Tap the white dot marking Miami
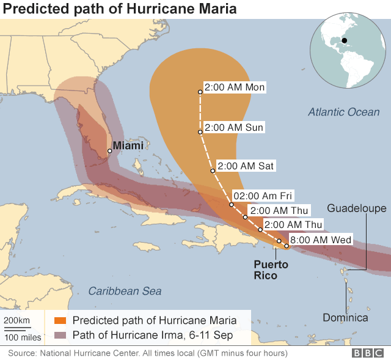pos(110,151)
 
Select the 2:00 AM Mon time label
pos(235,87)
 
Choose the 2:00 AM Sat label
pos(246,166)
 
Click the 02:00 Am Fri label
pos(264,196)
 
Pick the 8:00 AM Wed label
pos(321,240)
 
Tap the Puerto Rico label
pos(271,270)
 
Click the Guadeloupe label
pos(357,208)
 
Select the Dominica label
pos(346,317)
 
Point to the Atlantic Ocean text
pos(343,112)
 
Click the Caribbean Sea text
pos(125,291)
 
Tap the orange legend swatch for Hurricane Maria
pos(60,320)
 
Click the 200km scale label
pos(17,320)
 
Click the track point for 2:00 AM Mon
pos(200,92)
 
